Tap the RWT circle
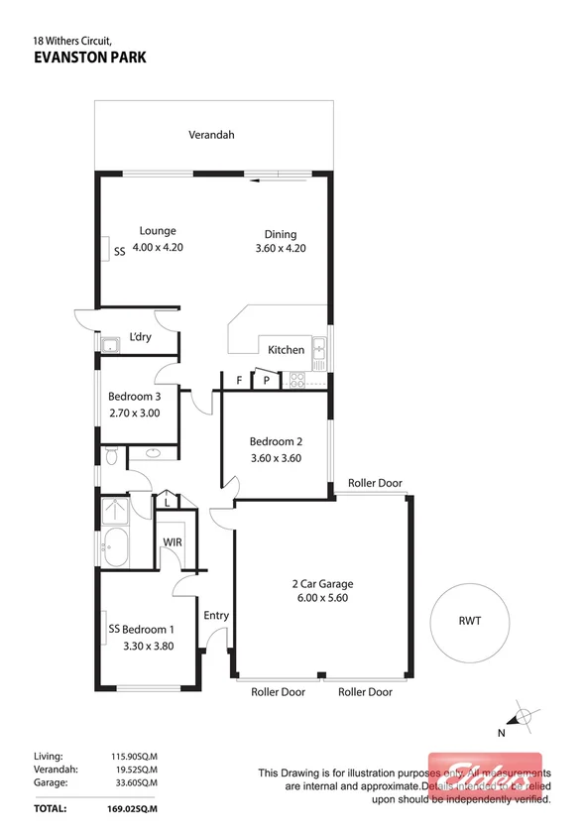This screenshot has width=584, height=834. [x=469, y=624]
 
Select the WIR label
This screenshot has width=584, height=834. [x=173, y=541]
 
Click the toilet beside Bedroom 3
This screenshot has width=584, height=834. [x=111, y=456]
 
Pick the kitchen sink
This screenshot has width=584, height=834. [x=319, y=349]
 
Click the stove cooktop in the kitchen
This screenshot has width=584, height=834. [x=298, y=380]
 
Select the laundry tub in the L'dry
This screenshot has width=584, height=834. [x=110, y=345]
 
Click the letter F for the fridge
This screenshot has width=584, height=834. [x=239, y=380]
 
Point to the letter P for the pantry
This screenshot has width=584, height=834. [x=267, y=380]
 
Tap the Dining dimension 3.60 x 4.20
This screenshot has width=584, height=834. [x=280, y=248]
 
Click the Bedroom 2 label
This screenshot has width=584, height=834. [x=275, y=441]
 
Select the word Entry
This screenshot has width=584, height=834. [x=216, y=616]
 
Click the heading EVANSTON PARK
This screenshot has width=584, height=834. [x=89, y=58]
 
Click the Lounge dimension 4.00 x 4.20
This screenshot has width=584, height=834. [x=159, y=248]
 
